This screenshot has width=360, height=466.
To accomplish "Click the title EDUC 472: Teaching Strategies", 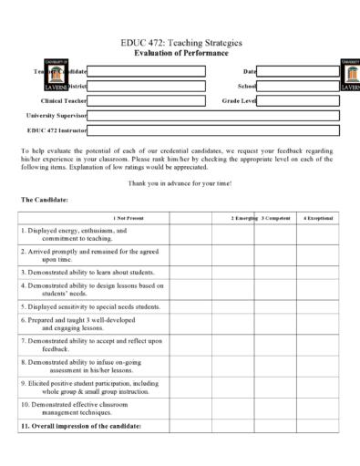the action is click(x=180, y=43).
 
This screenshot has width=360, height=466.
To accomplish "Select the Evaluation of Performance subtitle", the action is click(x=180, y=54).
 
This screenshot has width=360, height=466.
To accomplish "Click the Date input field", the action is click(x=298, y=70).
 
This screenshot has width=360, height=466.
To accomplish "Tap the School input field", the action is click(x=298, y=86).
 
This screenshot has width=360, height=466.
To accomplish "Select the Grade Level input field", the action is click(x=298, y=100).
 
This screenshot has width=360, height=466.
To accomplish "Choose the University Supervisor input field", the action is click(x=213, y=116).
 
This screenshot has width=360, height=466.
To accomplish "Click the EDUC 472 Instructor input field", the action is click(x=213, y=130).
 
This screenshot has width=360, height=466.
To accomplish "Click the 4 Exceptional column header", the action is click(x=319, y=218).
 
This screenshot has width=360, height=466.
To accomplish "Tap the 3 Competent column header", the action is click(x=276, y=218).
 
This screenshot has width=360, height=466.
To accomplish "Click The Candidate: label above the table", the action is click(x=39, y=199).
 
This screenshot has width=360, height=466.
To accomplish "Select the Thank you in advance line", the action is click(x=180, y=183).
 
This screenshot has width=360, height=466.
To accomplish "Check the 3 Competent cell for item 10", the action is click(x=275, y=407).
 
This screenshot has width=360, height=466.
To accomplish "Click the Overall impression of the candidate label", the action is click(x=82, y=425).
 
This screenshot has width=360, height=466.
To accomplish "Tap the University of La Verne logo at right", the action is click(x=350, y=76).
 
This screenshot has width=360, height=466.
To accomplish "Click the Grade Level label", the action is click(x=242, y=100).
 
